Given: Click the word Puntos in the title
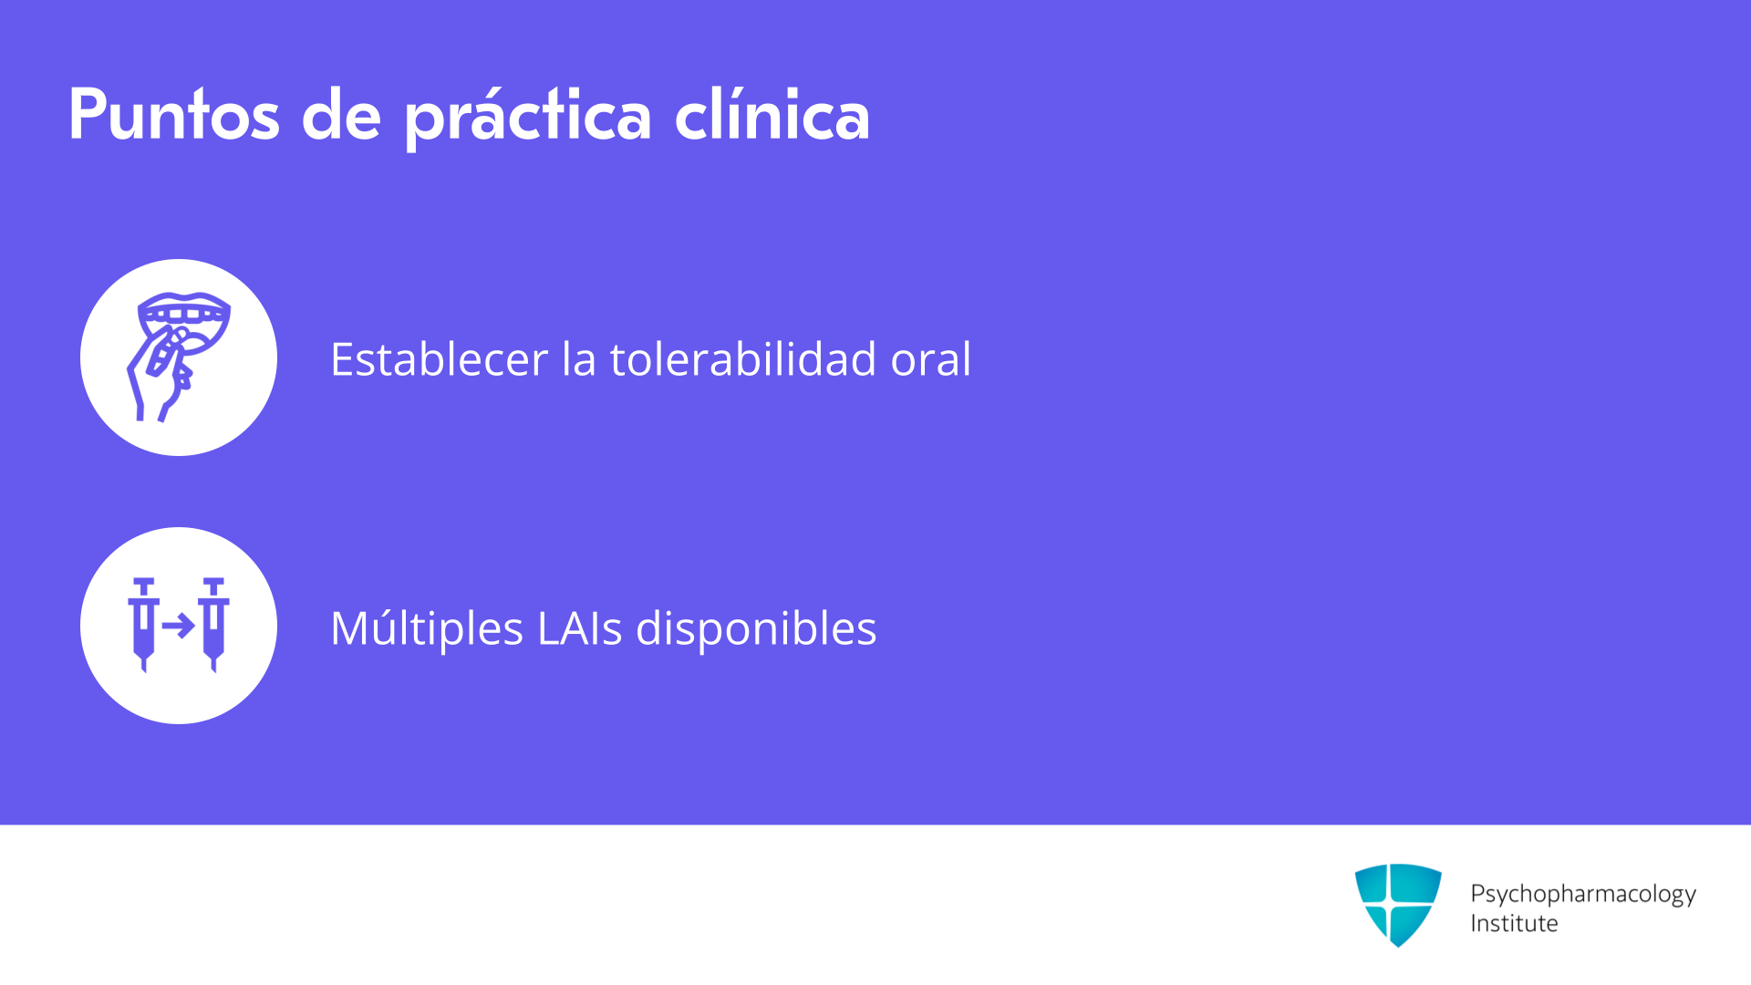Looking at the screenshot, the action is tap(174, 115).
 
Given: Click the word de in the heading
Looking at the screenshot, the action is tap(341, 115).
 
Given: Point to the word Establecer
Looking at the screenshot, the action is tap(440, 358).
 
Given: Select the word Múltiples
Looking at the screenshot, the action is tap(427, 628).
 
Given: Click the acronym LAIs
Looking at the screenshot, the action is tap(580, 628).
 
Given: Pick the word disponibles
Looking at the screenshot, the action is tap(756, 628).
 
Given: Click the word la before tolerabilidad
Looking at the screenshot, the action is tap(579, 358).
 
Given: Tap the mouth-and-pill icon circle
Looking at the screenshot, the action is tap(179, 358).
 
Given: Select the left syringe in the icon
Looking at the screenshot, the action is tap(143, 625).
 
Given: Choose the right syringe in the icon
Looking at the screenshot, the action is tap(214, 625).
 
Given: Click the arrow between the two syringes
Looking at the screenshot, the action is tap(179, 626).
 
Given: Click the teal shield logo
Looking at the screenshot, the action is tap(1398, 905).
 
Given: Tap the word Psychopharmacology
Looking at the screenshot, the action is tap(1583, 895).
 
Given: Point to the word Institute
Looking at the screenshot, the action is tap(1514, 923).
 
